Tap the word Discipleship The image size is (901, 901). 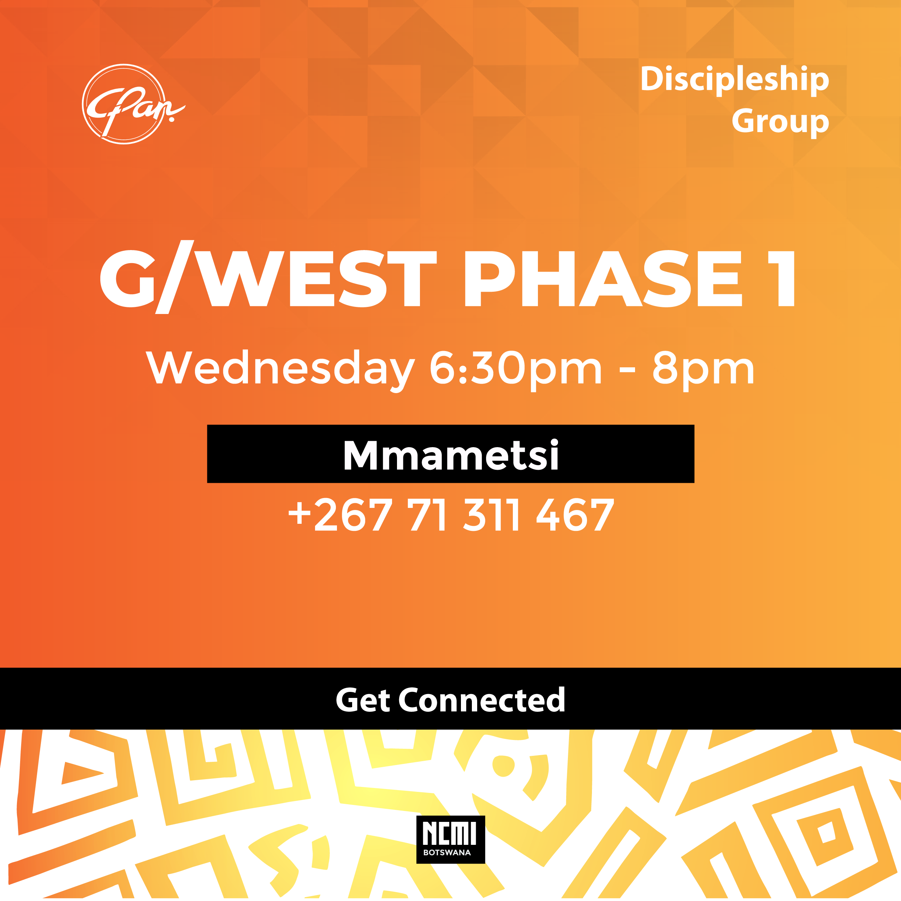click(735, 80)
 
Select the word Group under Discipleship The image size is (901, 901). click(780, 122)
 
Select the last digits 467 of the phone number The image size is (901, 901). click(575, 515)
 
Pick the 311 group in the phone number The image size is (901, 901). click(491, 515)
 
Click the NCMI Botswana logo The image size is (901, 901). click(451, 840)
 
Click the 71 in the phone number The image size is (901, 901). click(428, 515)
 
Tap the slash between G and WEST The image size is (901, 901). click(174, 277)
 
